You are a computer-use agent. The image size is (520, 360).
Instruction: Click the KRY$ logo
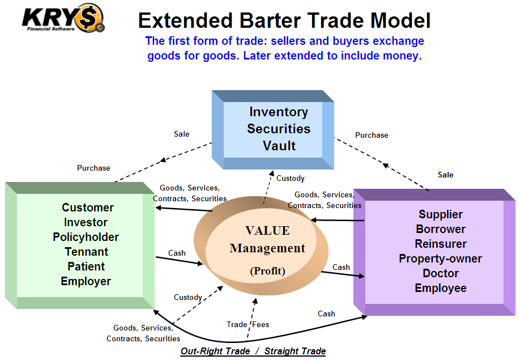(62, 18)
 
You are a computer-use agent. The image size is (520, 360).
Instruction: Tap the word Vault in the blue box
(279, 146)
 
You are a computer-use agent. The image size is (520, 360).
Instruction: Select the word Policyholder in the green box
(86, 237)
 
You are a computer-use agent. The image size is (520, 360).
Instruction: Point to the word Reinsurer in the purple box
(441, 244)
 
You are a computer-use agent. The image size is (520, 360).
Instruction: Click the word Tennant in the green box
(86, 252)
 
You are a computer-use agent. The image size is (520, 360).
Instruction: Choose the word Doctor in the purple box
(441, 273)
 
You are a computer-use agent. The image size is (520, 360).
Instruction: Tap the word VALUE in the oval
(267, 231)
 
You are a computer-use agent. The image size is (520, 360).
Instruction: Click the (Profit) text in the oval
(267, 271)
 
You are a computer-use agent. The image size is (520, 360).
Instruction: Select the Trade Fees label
(248, 324)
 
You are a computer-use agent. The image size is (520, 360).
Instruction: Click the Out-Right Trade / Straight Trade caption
(253, 351)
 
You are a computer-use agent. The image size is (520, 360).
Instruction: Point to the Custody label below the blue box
(290, 178)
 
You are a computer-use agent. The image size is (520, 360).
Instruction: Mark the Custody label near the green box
(187, 297)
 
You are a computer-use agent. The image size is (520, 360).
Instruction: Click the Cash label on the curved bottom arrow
(326, 314)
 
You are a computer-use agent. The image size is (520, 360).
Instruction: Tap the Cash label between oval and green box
(177, 253)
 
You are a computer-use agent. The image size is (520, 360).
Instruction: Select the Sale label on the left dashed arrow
(182, 134)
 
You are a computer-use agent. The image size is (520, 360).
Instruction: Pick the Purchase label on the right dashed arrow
(372, 135)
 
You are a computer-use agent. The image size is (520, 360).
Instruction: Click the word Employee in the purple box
(441, 288)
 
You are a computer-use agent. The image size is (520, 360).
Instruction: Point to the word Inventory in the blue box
(279, 112)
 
